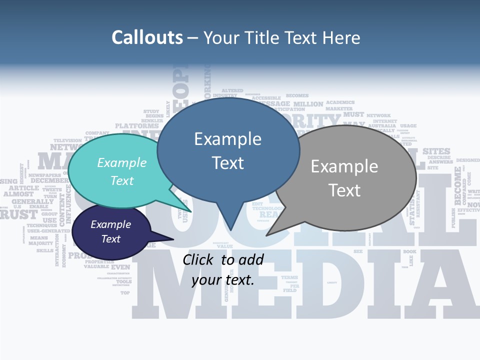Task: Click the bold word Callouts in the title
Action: [x=147, y=37]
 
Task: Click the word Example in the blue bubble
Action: [x=227, y=139]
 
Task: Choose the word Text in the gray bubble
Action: [x=344, y=190]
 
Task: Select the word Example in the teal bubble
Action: [x=122, y=162]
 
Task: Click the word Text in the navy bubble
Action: [x=111, y=239]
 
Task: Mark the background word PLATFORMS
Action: [x=136, y=125]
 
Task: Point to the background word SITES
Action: [x=436, y=151]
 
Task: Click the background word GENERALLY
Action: [x=32, y=201]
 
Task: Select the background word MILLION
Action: [x=308, y=104]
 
